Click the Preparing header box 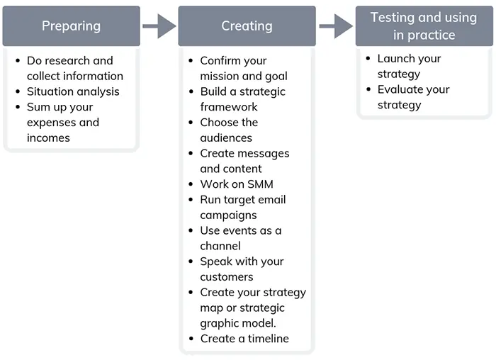pos(71,26)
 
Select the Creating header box pos(247,26)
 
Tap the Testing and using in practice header pos(424,26)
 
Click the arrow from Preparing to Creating pos(159,26)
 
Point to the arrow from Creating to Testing pos(336,26)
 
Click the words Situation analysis pos(73,91)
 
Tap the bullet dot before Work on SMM pos(191,184)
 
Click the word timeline pos(269,339)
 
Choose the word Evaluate pos(398,89)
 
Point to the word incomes pos(48,138)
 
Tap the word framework pos(229,107)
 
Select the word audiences pos(226,138)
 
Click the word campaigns pos(228,215)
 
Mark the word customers pos(227,277)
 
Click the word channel pos(220,246)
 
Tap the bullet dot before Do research pos(18,61)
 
